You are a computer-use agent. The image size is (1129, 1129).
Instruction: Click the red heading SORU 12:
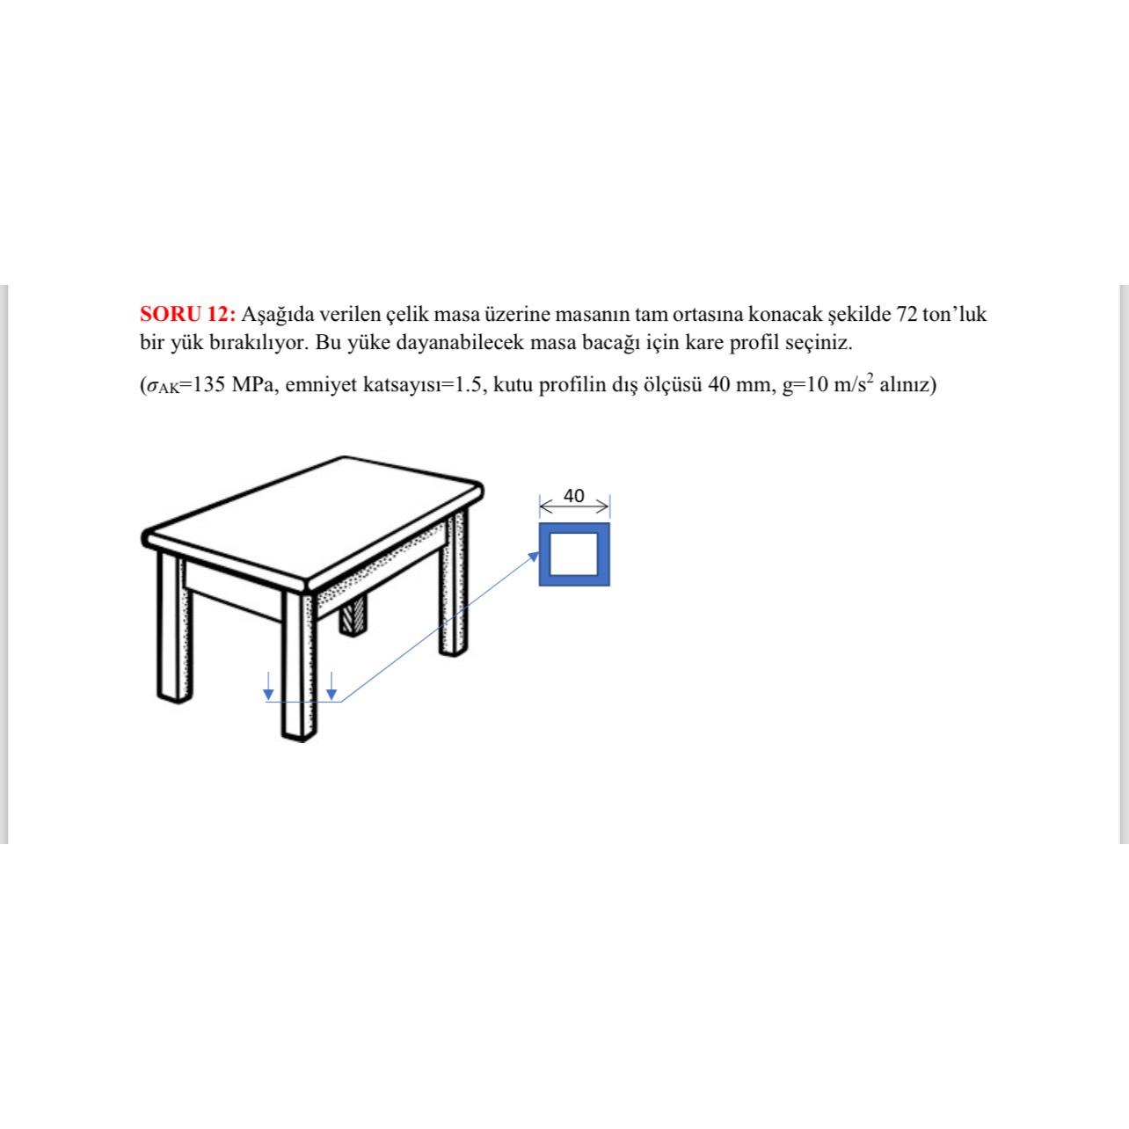tap(187, 314)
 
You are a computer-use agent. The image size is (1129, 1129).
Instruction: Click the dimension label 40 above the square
tap(573, 496)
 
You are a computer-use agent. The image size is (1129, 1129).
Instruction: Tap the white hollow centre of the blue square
tap(573, 554)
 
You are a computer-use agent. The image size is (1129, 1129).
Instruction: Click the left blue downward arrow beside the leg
tap(268, 686)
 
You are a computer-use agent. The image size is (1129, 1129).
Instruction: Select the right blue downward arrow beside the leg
tap(331, 686)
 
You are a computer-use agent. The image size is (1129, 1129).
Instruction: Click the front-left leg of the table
tap(175, 627)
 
